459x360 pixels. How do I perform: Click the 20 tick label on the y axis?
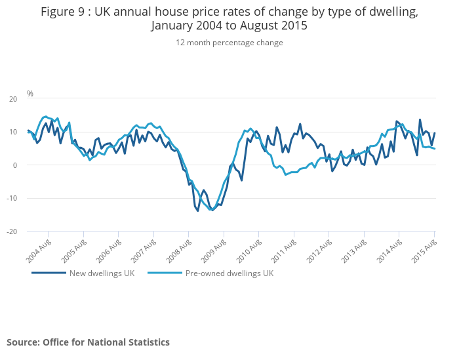pyautogui.click(x=12, y=99)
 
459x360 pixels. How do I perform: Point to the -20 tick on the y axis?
pyautogui.click(x=12, y=231)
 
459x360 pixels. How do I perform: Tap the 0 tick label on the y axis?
pyautogui.click(x=15, y=165)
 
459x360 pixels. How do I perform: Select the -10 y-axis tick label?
pyautogui.click(x=12, y=198)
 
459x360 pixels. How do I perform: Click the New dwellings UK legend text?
pyautogui.click(x=102, y=273)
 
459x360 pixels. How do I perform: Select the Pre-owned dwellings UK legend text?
pyautogui.click(x=229, y=273)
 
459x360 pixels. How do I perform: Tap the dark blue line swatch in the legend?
pyautogui.click(x=49, y=273)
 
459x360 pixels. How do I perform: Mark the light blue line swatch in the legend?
pyautogui.click(x=165, y=273)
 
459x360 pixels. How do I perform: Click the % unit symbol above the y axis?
pyautogui.click(x=30, y=94)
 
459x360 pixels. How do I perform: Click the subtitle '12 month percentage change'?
pyautogui.click(x=229, y=43)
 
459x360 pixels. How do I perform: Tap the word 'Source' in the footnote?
pyautogui.click(x=22, y=342)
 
